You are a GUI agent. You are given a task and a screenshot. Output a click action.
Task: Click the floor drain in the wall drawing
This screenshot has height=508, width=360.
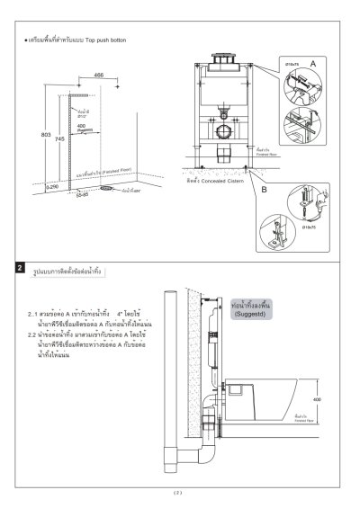(x=106, y=189)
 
